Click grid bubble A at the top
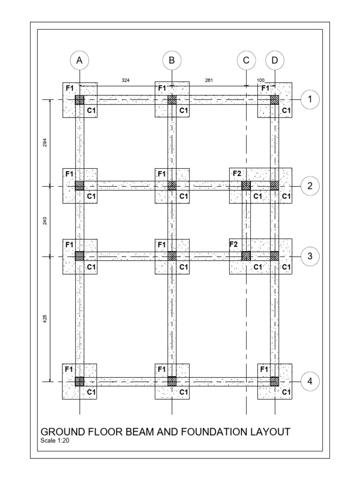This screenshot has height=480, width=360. (x=80, y=60)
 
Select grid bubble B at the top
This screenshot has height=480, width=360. (x=172, y=60)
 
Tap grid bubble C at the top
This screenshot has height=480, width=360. (x=246, y=60)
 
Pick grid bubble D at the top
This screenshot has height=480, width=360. (x=275, y=60)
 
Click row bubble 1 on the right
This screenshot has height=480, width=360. (x=310, y=99)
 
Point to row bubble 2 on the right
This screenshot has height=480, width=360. (x=310, y=186)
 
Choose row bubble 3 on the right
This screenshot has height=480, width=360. (x=310, y=256)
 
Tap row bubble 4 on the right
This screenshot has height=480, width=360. (x=310, y=382)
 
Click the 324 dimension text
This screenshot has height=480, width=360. (x=126, y=81)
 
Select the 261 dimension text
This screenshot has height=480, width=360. (x=209, y=81)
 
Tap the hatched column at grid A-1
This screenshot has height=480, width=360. (x=80, y=99)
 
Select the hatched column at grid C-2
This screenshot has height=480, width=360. (x=246, y=186)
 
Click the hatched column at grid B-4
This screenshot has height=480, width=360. (x=172, y=381)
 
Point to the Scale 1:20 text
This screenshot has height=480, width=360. (x=56, y=441)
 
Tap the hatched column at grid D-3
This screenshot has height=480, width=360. (x=275, y=256)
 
